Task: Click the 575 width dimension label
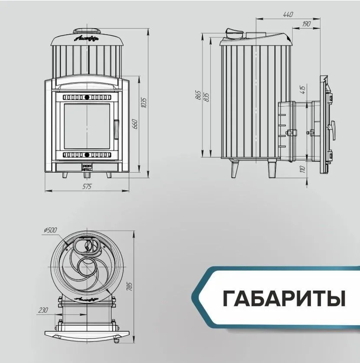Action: pos(87,186)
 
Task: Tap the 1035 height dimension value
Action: pos(145,102)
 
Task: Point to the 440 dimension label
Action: pos(288,14)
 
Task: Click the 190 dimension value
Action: pos(305,24)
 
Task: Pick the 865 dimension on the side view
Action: pos(198,95)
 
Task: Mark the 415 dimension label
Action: pos(303,90)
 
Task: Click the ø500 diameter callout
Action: pos(50,230)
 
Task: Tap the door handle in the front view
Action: pos(116,128)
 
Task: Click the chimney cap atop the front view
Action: pos(87,31)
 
